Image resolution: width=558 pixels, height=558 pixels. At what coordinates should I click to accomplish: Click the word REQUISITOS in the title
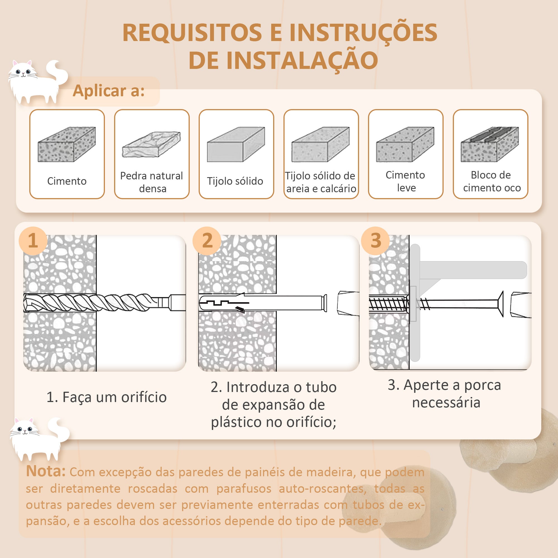point(192,33)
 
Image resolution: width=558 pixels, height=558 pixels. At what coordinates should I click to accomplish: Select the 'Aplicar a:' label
point(109,91)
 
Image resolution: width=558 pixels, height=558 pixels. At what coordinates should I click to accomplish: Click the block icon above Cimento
point(67,144)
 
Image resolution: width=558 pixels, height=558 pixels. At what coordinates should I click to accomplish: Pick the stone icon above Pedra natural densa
point(151,145)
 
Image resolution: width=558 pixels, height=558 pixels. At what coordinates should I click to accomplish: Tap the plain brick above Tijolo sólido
point(236,144)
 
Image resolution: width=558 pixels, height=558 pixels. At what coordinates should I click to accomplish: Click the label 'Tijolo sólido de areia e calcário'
point(321,182)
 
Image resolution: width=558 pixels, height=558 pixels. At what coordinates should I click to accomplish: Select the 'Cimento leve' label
point(405,181)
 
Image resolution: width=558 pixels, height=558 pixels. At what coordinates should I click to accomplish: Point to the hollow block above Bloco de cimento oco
point(490,144)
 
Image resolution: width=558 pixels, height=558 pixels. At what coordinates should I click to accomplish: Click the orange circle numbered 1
point(33,240)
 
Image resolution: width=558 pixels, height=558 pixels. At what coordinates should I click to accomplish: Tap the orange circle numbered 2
point(207,240)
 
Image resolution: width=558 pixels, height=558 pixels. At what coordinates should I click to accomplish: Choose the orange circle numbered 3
point(376,240)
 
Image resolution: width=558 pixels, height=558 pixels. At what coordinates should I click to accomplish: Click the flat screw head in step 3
point(501,304)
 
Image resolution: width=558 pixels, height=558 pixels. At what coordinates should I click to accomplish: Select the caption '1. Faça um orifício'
point(107,397)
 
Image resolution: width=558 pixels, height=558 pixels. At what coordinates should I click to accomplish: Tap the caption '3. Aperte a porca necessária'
point(445,394)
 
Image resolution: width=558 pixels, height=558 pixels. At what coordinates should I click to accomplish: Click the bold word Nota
point(46,471)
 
